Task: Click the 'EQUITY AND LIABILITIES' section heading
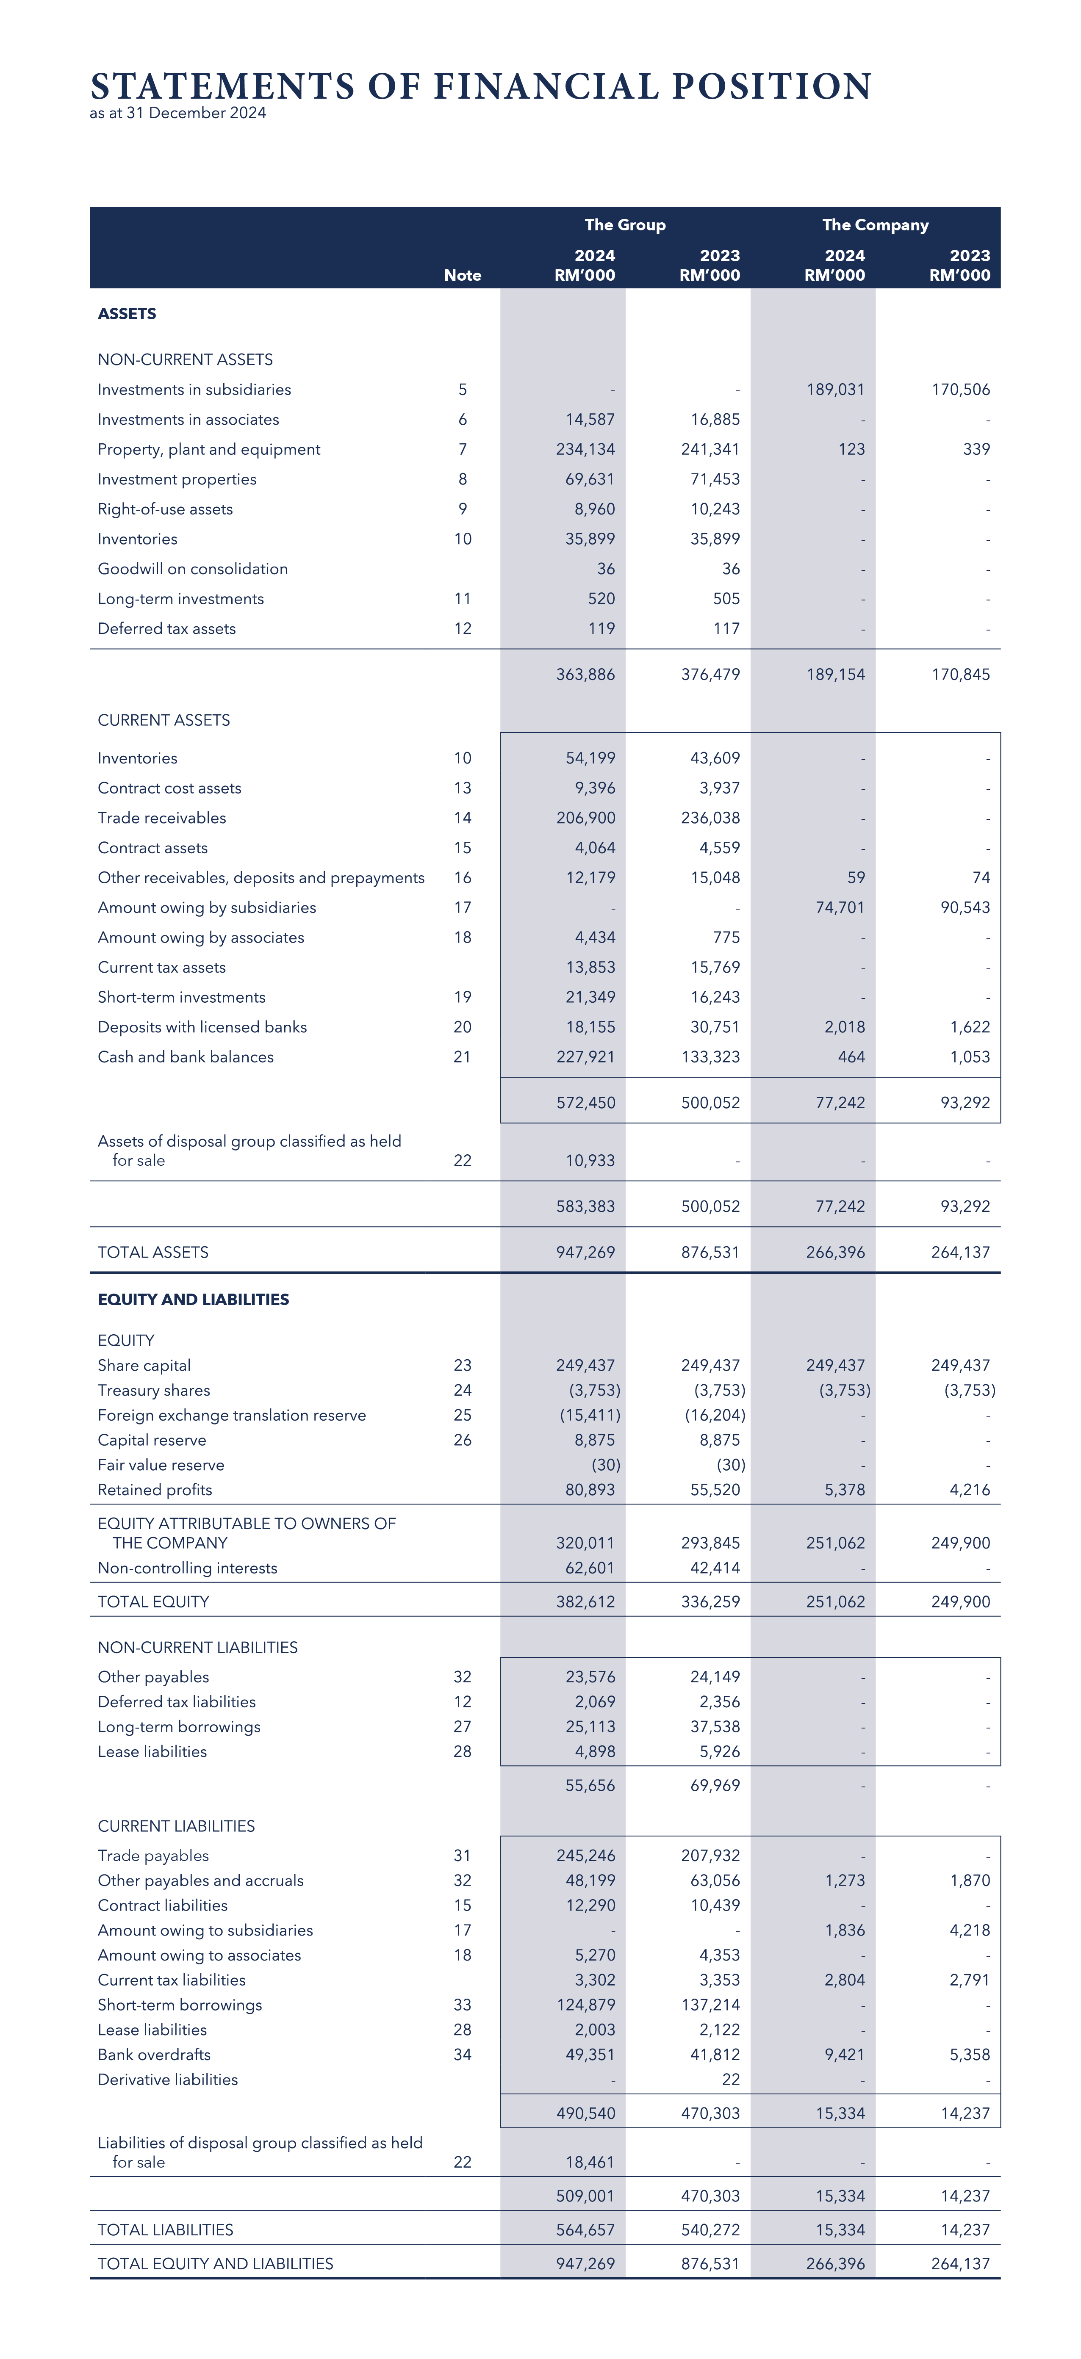coord(193,1300)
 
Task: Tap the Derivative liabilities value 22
coord(730,2080)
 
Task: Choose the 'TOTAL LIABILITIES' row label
coord(165,2230)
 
